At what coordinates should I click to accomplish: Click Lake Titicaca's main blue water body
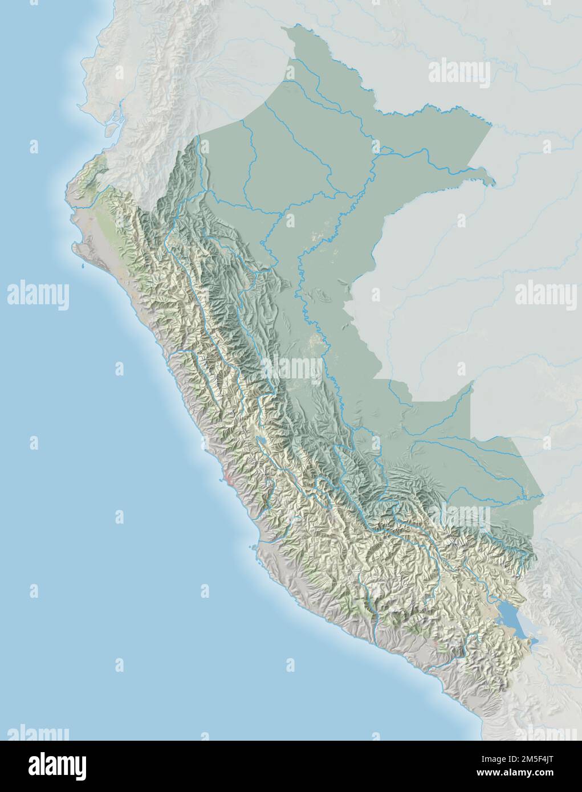509,615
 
